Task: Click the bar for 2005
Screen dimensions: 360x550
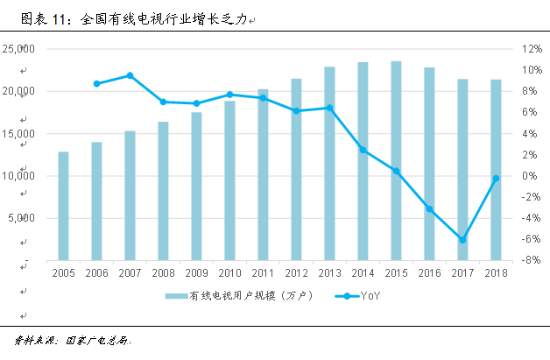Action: tap(63, 206)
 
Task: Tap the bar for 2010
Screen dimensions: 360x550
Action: tap(229, 180)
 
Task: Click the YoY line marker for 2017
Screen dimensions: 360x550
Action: tap(462, 239)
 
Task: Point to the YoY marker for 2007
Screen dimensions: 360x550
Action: tap(130, 75)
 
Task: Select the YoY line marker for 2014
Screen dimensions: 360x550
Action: tap(363, 150)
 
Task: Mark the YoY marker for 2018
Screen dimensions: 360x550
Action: tap(496, 178)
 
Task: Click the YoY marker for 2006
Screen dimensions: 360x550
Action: tap(96, 84)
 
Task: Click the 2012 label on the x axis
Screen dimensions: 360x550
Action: tap(296, 274)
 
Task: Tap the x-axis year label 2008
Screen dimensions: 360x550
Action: tap(163, 274)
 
